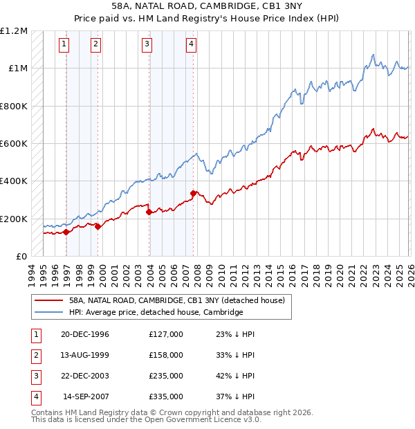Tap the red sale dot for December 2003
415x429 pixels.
[149, 212]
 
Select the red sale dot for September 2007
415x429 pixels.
[193, 193]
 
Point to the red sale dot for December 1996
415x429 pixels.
[66, 232]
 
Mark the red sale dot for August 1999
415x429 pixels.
[98, 226]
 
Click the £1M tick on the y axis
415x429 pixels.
[17, 69]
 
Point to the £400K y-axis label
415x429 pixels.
[14, 181]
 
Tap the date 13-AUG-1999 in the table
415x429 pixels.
[85, 355]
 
